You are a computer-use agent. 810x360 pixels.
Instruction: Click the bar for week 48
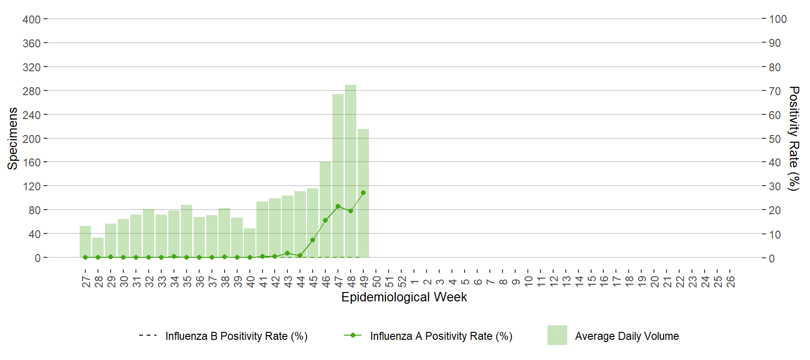pyautogui.click(x=351, y=171)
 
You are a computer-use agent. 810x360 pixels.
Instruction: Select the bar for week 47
pyautogui.click(x=338, y=176)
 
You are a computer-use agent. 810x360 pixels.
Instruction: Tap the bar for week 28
pyautogui.click(x=98, y=247)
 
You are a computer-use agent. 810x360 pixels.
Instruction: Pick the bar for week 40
pyautogui.click(x=249, y=243)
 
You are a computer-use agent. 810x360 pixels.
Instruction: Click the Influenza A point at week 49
pyautogui.click(x=363, y=193)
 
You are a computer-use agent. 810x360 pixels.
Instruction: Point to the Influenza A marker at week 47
pyautogui.click(x=338, y=206)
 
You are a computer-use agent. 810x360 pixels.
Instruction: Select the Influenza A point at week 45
pyautogui.click(x=313, y=240)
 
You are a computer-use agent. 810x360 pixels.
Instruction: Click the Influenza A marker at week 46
pyautogui.click(x=325, y=220)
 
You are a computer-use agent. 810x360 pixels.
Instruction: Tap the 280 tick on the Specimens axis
pyautogui.click(x=31, y=91)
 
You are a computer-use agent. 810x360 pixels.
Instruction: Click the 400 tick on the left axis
pyautogui.click(x=31, y=19)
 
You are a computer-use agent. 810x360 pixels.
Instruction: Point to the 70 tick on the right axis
pyautogui.click(x=775, y=91)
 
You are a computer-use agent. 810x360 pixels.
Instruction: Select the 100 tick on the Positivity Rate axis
pyautogui.click(x=778, y=19)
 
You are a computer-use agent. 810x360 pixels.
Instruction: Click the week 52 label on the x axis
pyautogui.click(x=402, y=281)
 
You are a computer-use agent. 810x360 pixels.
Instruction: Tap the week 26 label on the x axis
pyautogui.click(x=730, y=281)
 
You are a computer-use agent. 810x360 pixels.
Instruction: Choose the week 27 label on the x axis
pyautogui.click(x=86, y=281)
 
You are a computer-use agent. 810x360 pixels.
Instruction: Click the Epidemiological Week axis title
pyautogui.click(x=404, y=297)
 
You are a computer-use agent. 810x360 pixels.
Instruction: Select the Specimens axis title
pyautogui.click(x=13, y=138)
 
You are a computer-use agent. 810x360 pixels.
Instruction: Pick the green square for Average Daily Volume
pyautogui.click(x=557, y=335)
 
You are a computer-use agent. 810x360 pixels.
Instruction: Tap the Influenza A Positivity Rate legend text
pyautogui.click(x=441, y=336)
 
